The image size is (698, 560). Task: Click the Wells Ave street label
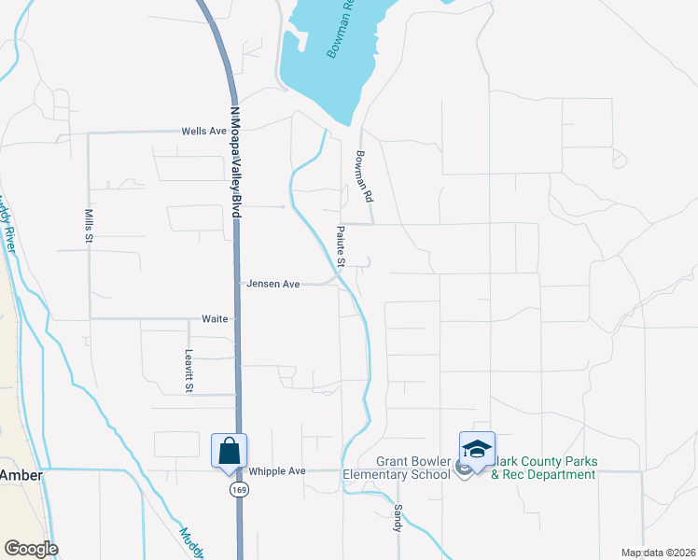pos(204,132)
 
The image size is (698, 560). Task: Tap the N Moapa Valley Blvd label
pos(235,162)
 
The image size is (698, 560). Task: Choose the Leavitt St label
pos(188,370)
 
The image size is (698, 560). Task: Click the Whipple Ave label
pos(277,471)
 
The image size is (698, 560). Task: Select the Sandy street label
pos(398,519)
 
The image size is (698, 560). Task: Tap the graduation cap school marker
pos(477,450)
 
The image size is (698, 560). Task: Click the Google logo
pos(31,549)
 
